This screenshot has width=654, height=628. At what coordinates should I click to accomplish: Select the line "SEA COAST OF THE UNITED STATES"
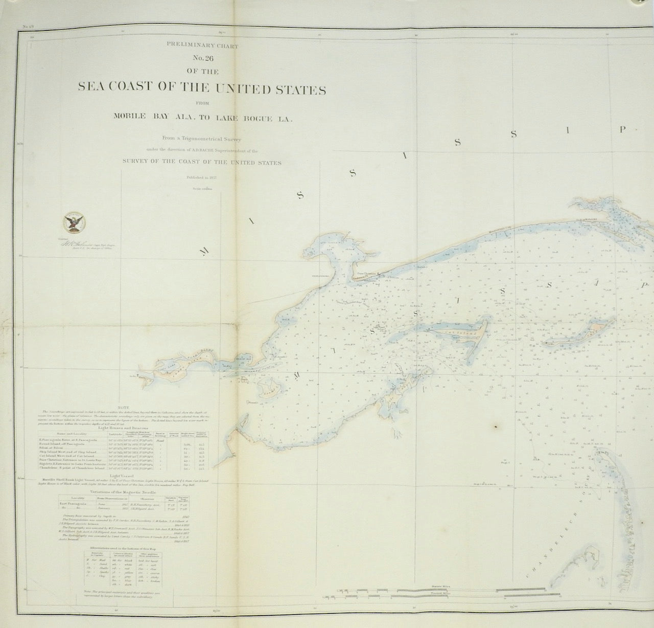pos(202,87)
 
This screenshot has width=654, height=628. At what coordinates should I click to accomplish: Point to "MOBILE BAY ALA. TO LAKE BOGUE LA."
pos(202,119)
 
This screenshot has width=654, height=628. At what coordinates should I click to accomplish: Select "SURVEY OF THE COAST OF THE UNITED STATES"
pos(202,163)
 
